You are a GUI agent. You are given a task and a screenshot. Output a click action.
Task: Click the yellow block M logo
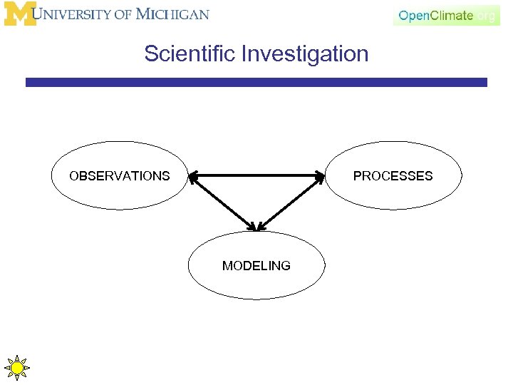[x=19, y=14]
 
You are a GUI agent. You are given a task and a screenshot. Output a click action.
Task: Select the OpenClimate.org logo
[x=447, y=15]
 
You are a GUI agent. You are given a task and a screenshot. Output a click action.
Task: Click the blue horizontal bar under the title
[x=256, y=83]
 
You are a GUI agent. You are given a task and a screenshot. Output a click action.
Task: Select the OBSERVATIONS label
[x=119, y=175]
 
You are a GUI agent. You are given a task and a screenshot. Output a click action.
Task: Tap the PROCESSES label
[x=393, y=175]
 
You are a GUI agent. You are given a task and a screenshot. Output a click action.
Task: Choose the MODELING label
[x=256, y=265]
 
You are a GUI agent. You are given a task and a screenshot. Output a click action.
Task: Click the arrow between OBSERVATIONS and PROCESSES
[x=256, y=175]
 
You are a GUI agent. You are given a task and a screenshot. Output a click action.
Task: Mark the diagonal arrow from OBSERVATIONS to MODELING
[x=222, y=203]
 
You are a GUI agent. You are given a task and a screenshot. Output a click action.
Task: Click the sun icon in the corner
[x=16, y=368]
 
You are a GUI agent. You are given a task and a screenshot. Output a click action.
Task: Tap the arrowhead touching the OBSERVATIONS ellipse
[x=193, y=177]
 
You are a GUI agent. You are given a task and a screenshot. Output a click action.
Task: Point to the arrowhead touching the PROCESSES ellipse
[x=320, y=177]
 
